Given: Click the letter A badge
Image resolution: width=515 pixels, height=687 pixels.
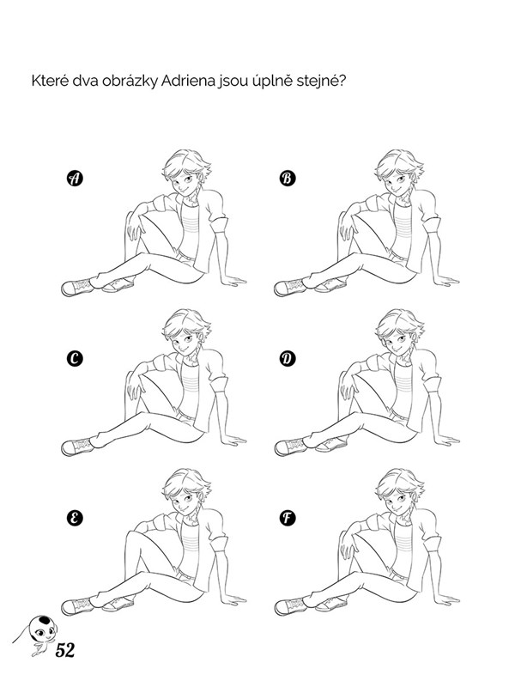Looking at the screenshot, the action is pyautogui.click(x=75, y=179).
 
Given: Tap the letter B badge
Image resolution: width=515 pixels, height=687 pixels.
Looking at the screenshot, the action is pyautogui.click(x=288, y=179).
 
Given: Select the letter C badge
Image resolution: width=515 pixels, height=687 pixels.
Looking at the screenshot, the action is pyautogui.click(x=75, y=359).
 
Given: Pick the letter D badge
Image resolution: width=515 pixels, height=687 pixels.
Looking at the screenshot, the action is pyautogui.click(x=288, y=359).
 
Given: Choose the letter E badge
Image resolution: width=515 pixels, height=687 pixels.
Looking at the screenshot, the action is pyautogui.click(x=75, y=518).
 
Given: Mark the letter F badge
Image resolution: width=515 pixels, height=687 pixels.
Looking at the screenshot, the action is pyautogui.click(x=288, y=518).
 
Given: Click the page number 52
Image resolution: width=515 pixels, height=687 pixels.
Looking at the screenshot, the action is pyautogui.click(x=65, y=650).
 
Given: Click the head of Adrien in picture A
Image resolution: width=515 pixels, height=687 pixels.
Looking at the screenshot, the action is pyautogui.click(x=186, y=172).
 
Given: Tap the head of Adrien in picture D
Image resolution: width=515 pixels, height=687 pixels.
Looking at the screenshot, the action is pyautogui.click(x=399, y=331).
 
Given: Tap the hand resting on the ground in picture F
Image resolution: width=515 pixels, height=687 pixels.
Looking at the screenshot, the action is pyautogui.click(x=446, y=599).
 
